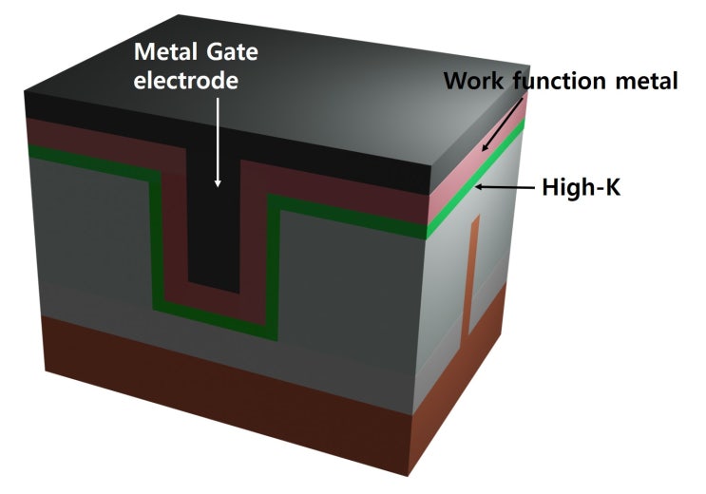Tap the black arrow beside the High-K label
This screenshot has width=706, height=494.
[x=504, y=188]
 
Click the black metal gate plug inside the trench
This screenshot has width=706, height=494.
[x=218, y=228]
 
